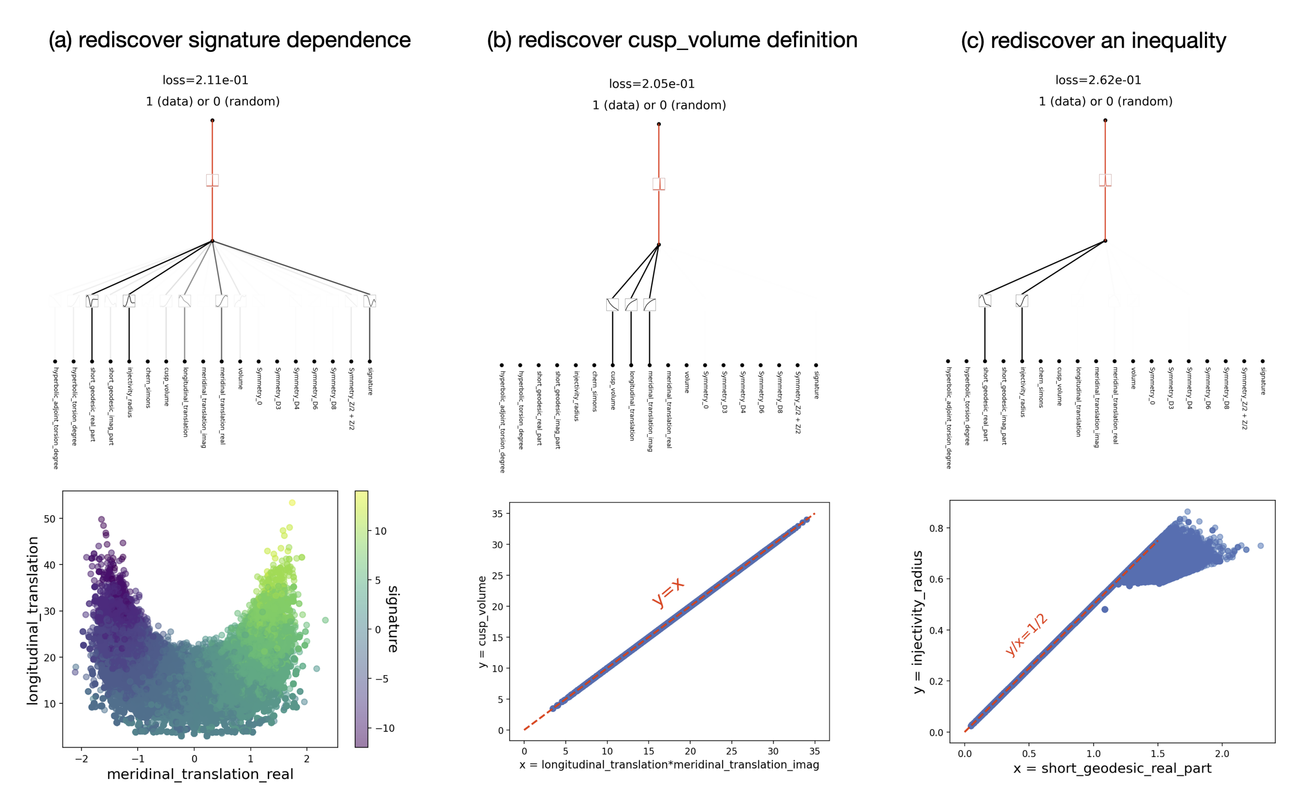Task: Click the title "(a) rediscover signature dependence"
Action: pos(229,41)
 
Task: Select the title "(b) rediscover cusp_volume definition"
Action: pos(672,41)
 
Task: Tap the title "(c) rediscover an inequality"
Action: pos(1093,41)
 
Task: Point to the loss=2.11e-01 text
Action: pos(205,80)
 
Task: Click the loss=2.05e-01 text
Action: pos(651,84)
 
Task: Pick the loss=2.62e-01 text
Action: pos(1098,80)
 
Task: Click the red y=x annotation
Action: pos(668,592)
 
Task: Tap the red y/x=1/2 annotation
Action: pos(1026,635)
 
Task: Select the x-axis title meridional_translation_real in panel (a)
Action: pos(200,775)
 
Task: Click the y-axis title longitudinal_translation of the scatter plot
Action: pos(33,621)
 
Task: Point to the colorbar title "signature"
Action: pos(393,618)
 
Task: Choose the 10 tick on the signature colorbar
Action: pos(381,532)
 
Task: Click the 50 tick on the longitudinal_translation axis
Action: pos(50,519)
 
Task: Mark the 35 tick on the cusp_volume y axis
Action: pos(497,514)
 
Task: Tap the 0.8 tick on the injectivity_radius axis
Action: pos(936,528)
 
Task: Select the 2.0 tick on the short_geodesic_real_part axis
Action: pos(1222,753)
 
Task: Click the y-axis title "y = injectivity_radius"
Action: pos(918,622)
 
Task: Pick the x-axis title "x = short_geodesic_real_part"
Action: pos(1112,769)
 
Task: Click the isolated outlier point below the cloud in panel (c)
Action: pos(1105,609)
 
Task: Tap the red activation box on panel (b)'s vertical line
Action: pos(659,184)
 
